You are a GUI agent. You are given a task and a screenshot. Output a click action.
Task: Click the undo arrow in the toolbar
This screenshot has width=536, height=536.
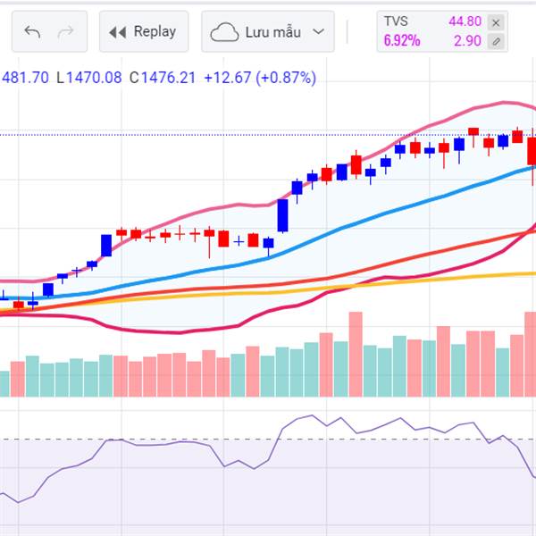tap(33, 32)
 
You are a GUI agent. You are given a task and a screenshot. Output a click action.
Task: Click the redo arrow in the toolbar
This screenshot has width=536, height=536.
tap(65, 32)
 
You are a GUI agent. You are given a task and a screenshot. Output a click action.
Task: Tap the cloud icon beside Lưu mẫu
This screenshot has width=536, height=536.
tap(223, 33)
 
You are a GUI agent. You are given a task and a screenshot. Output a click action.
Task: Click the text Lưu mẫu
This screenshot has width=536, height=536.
tap(272, 32)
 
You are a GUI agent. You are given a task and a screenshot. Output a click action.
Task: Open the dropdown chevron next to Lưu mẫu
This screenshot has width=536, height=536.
tap(318, 33)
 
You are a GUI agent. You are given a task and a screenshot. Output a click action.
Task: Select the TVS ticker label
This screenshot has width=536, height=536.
tap(395, 21)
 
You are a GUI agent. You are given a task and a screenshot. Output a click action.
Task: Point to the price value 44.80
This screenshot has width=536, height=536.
tap(465, 21)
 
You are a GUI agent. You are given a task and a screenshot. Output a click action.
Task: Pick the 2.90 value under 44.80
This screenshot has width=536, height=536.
tap(467, 40)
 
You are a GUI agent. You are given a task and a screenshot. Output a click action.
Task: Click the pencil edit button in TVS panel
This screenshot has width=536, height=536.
tap(498, 41)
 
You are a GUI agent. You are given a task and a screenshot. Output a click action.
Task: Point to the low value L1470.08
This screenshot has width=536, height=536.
tap(88, 78)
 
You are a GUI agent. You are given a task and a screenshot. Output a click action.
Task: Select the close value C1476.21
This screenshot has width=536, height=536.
tap(162, 78)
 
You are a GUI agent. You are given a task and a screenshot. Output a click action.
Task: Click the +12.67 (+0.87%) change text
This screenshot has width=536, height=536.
tap(260, 78)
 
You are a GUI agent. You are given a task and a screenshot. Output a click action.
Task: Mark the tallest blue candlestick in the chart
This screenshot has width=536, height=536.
tap(282, 215)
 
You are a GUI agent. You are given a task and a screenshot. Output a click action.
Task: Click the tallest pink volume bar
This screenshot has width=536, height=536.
tap(356, 354)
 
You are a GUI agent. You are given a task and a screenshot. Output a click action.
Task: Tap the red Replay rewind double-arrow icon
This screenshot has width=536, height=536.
tap(117, 32)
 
